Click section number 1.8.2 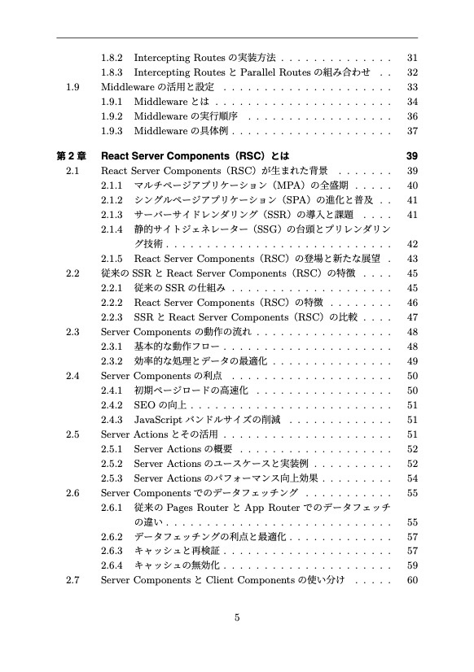(x=112, y=59)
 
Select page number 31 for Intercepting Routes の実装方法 (x=412, y=59)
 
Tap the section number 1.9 (x=73, y=87)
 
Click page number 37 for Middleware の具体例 (x=412, y=131)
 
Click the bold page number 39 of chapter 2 (x=411, y=155)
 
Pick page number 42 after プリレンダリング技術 (x=412, y=243)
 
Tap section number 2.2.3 (x=112, y=316)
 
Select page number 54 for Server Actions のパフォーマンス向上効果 (x=412, y=478)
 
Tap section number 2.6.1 (x=112, y=507)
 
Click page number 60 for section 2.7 (x=412, y=580)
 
